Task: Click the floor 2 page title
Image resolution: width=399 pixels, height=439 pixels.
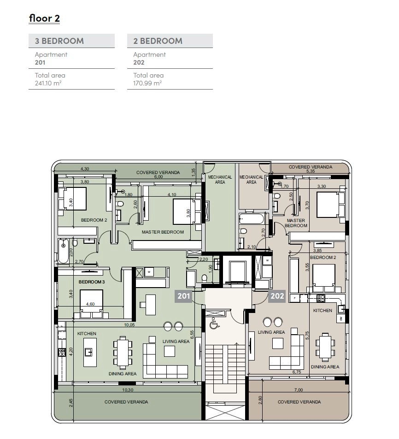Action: point(44,18)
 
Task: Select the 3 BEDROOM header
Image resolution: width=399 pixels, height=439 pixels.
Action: point(59,41)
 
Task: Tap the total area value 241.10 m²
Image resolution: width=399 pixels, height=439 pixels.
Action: point(48,83)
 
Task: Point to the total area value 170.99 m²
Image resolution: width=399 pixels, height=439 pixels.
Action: point(147,83)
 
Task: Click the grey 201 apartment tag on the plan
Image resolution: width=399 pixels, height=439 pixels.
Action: point(183,296)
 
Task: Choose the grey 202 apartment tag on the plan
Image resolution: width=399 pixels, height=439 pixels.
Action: point(277,296)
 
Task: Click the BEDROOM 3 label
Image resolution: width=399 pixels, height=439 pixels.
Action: point(91,282)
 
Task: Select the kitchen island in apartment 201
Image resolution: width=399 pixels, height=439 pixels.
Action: point(90,352)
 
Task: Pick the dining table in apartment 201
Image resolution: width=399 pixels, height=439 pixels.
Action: point(123,353)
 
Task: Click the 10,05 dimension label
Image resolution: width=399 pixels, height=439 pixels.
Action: point(129,325)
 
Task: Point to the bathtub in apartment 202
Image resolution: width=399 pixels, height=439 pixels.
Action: point(251,219)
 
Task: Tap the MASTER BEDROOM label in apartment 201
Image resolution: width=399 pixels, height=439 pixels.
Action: point(163,232)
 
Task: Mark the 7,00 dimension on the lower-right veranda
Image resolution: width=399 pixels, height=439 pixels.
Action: point(299,390)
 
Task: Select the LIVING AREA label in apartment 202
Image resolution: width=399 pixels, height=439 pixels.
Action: point(271,332)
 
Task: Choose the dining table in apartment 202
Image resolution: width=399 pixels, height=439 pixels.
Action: point(325,347)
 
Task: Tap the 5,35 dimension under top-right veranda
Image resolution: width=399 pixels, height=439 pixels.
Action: point(311,171)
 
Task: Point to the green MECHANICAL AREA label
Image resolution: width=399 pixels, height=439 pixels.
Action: point(220,180)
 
